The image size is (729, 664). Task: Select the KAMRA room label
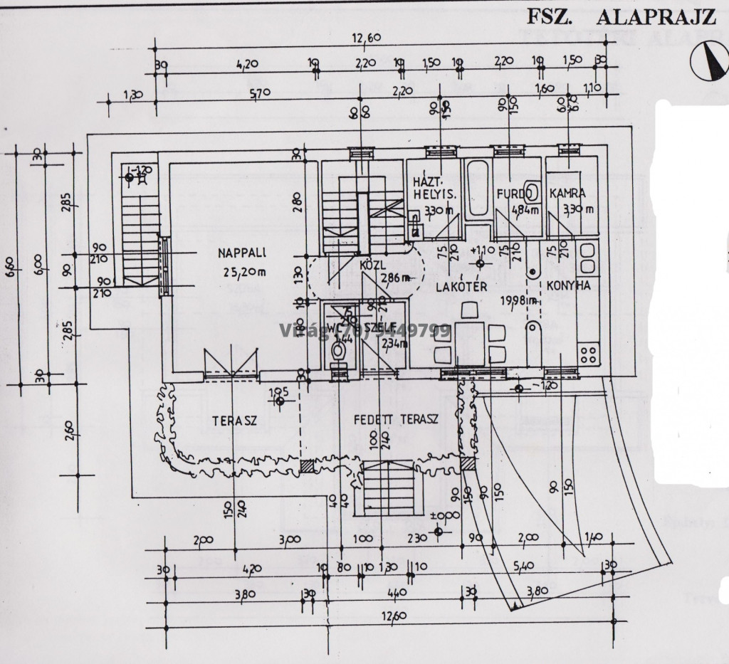coord(568,193)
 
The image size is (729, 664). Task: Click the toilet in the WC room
coord(340,352)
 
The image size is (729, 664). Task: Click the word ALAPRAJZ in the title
coord(655,16)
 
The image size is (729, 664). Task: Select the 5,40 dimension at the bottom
coord(523,567)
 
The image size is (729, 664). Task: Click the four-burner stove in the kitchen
coord(589,353)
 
